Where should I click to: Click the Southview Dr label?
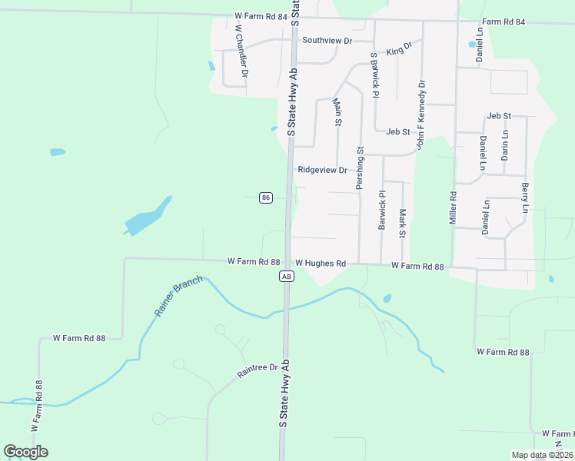tap(327, 40)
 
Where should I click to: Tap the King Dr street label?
tap(400, 48)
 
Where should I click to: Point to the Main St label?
tap(337, 111)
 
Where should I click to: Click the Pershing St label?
tap(359, 169)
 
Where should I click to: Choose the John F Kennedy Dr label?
tap(420, 114)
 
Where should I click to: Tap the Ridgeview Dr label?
tap(322, 170)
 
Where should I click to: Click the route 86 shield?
tap(265, 197)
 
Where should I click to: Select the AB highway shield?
tap(286, 276)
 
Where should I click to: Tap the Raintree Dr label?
tap(257, 373)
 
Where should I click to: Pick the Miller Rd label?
tap(454, 208)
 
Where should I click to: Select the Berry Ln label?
tap(525, 198)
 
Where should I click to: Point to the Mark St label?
tap(402, 222)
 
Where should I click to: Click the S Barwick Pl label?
tap(375, 75)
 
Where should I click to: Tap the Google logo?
tap(25, 452)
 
